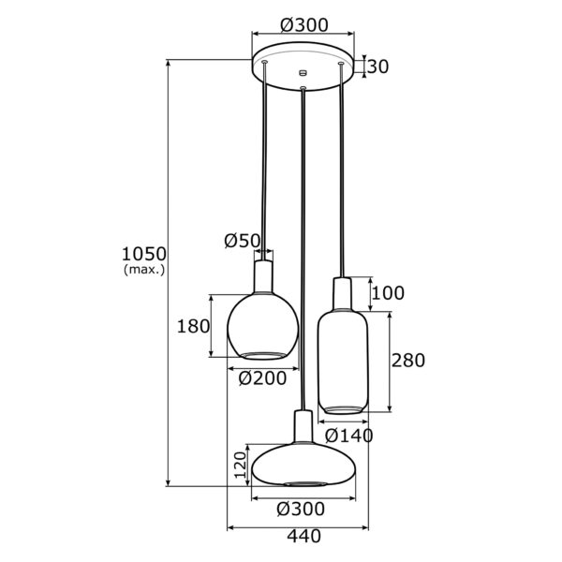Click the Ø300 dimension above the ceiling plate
coord(303,25)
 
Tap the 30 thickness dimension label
coord(377,67)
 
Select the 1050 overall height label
coord(144,254)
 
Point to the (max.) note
coord(144,269)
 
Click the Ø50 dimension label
coord(242,241)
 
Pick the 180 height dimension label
coord(193,326)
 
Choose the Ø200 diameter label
coord(262,377)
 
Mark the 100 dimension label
coord(388,293)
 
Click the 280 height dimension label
coord(407,361)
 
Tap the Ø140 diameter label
coord(349,436)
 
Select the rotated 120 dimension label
coord(241,465)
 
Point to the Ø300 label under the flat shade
coord(301,509)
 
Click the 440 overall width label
coord(303,536)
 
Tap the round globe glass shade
coord(262,326)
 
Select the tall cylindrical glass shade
coord(343,362)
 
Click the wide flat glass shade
coord(303,465)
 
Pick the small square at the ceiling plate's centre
coord(303,72)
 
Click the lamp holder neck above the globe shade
coord(263,276)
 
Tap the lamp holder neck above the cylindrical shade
coord(343,293)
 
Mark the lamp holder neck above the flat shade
coord(303,426)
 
